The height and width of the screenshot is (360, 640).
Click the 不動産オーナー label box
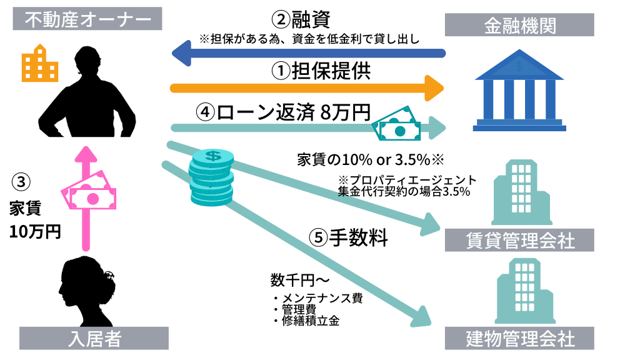pyautogui.click(x=88, y=21)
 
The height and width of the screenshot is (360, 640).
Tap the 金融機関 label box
pyautogui.click(x=519, y=26)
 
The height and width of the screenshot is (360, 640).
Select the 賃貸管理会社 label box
pyautogui.click(x=519, y=239)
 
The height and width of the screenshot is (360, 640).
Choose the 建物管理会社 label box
pyautogui.click(x=519, y=339)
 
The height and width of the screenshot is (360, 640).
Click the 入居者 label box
pyautogui.click(x=94, y=339)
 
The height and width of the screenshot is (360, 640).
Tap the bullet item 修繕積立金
pyautogui.click(x=311, y=321)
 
